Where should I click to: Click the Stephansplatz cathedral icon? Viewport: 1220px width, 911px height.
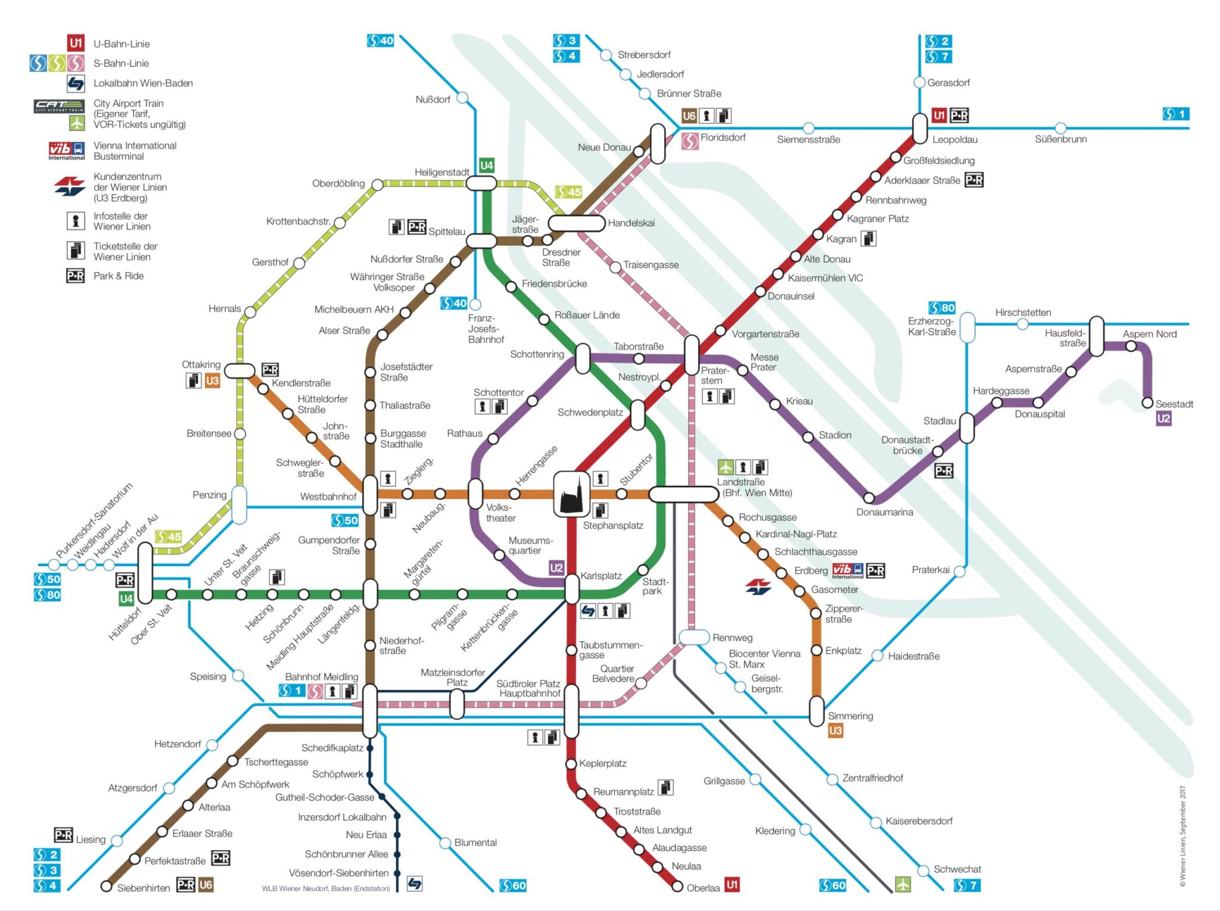coord(572,494)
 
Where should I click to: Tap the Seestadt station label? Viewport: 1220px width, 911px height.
coord(1174,404)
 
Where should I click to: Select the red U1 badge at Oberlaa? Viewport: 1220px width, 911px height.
coord(732,884)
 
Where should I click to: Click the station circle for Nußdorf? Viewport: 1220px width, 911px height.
coord(462,98)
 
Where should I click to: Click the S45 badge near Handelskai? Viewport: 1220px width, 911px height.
coord(568,192)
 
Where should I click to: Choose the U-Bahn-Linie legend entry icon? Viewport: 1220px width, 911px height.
coord(76,43)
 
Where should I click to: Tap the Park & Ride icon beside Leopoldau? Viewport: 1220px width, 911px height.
coord(959,115)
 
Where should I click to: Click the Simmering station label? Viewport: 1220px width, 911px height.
coord(850,716)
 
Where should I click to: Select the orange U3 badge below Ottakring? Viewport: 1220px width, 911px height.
coord(212,380)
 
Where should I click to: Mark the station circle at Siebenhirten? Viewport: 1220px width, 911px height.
coord(107,886)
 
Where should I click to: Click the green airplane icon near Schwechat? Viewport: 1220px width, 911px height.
coord(903,884)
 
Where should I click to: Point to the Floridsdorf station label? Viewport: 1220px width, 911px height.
coord(723,138)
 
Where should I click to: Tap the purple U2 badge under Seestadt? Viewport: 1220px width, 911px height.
coord(1163,419)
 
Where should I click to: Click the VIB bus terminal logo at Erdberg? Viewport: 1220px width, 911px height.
coord(846,570)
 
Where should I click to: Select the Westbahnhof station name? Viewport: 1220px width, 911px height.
coord(328,497)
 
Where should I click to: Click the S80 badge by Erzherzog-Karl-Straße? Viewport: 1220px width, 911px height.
coord(941,308)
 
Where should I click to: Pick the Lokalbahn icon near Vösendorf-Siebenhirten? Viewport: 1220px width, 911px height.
coord(415,883)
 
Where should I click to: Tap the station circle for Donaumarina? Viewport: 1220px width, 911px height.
coord(869,498)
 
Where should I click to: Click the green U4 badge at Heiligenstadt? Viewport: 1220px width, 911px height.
coord(486,165)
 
